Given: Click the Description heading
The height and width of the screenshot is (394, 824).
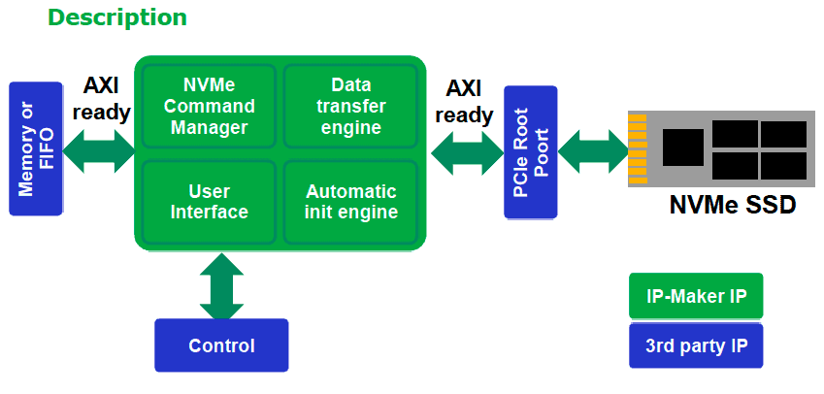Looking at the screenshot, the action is tap(117, 17).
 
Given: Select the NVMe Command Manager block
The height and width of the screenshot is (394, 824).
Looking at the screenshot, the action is tap(209, 106).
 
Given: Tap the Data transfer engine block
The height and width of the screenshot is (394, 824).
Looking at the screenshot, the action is tap(351, 106).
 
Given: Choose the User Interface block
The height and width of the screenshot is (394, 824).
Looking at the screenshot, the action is tap(209, 202).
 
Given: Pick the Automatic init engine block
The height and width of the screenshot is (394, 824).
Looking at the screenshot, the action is tap(351, 202).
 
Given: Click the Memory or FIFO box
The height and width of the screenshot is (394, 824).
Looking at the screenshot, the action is tap(36, 148).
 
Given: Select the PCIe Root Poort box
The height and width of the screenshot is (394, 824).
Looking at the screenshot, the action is tap(530, 151).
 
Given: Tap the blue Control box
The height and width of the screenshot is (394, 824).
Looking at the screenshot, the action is tap(221, 345).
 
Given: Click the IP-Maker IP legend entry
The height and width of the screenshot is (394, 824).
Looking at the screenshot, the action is tap(696, 296).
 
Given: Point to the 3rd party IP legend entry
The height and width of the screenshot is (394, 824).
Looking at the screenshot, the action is tap(696, 345).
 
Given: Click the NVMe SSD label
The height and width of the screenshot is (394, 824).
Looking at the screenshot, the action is tap(733, 205).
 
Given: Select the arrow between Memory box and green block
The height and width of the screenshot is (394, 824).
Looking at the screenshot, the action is tap(99, 151).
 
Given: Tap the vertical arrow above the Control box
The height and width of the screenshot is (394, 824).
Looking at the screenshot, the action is tap(221, 286).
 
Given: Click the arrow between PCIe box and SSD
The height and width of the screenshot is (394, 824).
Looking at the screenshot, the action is tap(593, 151).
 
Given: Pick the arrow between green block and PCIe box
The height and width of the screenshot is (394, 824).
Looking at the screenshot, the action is tap(467, 153).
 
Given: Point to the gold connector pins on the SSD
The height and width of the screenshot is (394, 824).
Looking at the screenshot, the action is tap(638, 149).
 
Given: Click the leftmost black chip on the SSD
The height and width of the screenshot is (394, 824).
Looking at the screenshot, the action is tap(682, 148).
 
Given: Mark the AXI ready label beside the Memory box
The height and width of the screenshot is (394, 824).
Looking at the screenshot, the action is tap(101, 98).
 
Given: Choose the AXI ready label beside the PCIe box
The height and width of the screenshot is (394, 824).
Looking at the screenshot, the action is tap(464, 101).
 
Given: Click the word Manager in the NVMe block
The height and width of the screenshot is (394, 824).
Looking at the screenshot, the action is tap(209, 128).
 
